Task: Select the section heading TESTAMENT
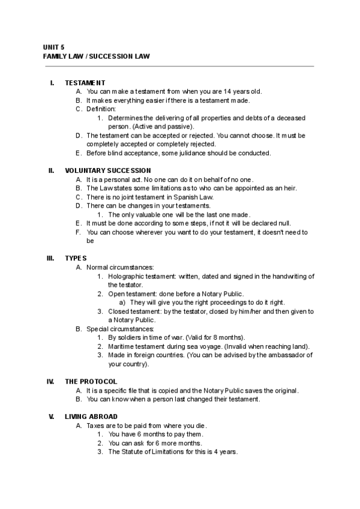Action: coord(85,83)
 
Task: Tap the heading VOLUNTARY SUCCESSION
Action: coord(108,170)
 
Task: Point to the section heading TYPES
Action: coord(76,258)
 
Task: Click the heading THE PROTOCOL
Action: coord(91,381)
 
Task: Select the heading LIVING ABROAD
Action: coord(91,417)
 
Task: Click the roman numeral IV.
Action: coord(51,381)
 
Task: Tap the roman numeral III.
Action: coord(51,258)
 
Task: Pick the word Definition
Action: coord(101,109)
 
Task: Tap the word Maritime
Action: coord(122,346)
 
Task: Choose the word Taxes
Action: coord(95,426)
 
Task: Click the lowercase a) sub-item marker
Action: coord(122,303)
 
